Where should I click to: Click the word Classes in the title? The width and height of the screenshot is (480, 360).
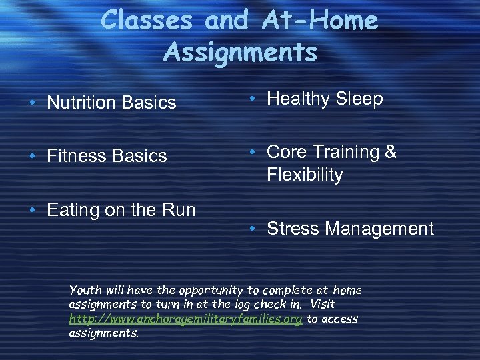click(148, 21)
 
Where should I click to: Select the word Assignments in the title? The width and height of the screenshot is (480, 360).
click(240, 52)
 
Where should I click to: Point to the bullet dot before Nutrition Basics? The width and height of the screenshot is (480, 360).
click(33, 103)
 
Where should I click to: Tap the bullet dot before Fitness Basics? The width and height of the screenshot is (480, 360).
click(33, 157)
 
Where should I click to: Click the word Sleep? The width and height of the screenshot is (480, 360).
click(359, 99)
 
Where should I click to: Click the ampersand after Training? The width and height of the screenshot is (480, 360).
click(391, 152)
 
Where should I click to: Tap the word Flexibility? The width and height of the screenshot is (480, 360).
click(305, 175)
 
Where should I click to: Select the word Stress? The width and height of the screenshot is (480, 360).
click(293, 229)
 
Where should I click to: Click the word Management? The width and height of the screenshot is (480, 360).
click(380, 229)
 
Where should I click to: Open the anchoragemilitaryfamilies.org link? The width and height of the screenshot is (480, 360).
click(186, 319)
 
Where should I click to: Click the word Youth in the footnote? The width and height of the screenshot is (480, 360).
click(85, 291)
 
